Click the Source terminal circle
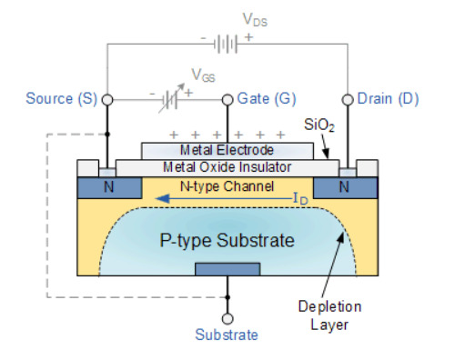pos(107,98)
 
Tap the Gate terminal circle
pos(227,98)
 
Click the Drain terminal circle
pos(346,98)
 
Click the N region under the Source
pos(107,185)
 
